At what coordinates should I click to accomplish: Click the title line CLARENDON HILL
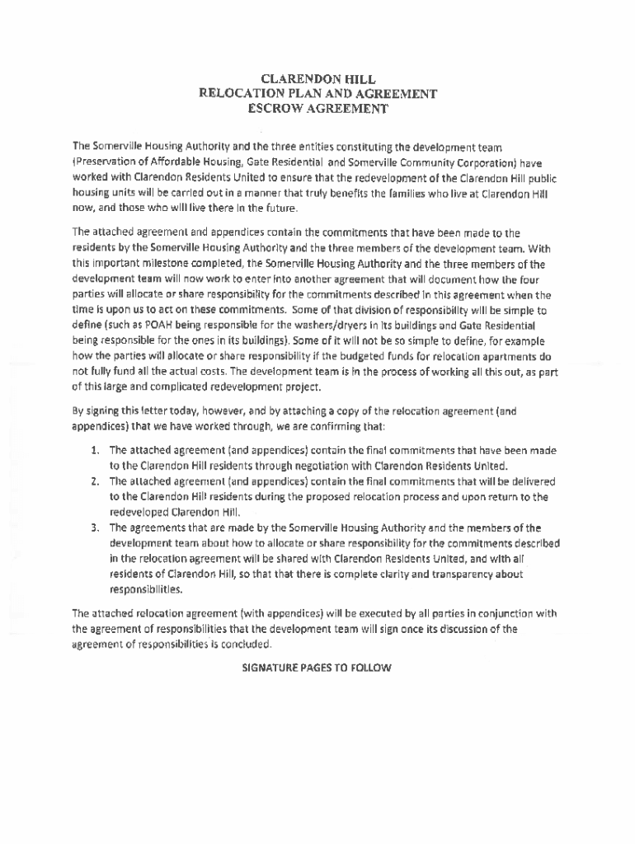[x=317, y=79]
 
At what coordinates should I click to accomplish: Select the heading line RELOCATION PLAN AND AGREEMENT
[x=317, y=93]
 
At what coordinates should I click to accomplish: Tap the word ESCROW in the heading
[x=280, y=108]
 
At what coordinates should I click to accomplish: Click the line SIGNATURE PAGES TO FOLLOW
[x=317, y=668]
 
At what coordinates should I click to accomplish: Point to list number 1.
[x=96, y=451]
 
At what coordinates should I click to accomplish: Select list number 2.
[x=96, y=481]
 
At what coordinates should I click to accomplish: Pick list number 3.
[x=96, y=528]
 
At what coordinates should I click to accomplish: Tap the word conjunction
[x=494, y=613]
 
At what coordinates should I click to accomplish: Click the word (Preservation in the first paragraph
[x=108, y=162]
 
